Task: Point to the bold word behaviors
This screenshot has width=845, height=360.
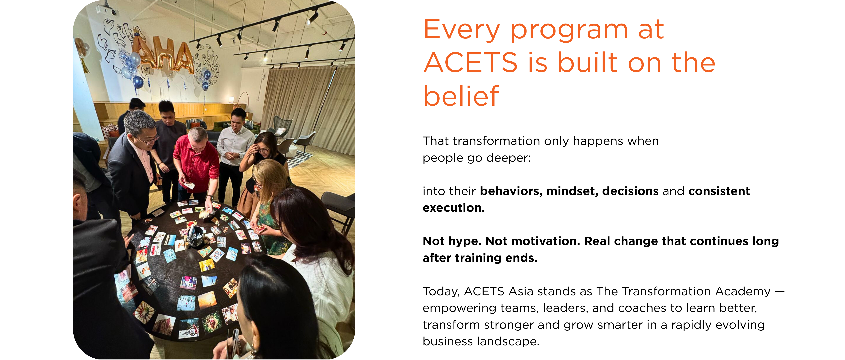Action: [511, 191]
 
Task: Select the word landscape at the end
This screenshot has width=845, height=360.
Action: [508, 342]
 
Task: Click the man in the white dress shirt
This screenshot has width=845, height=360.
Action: [233, 154]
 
